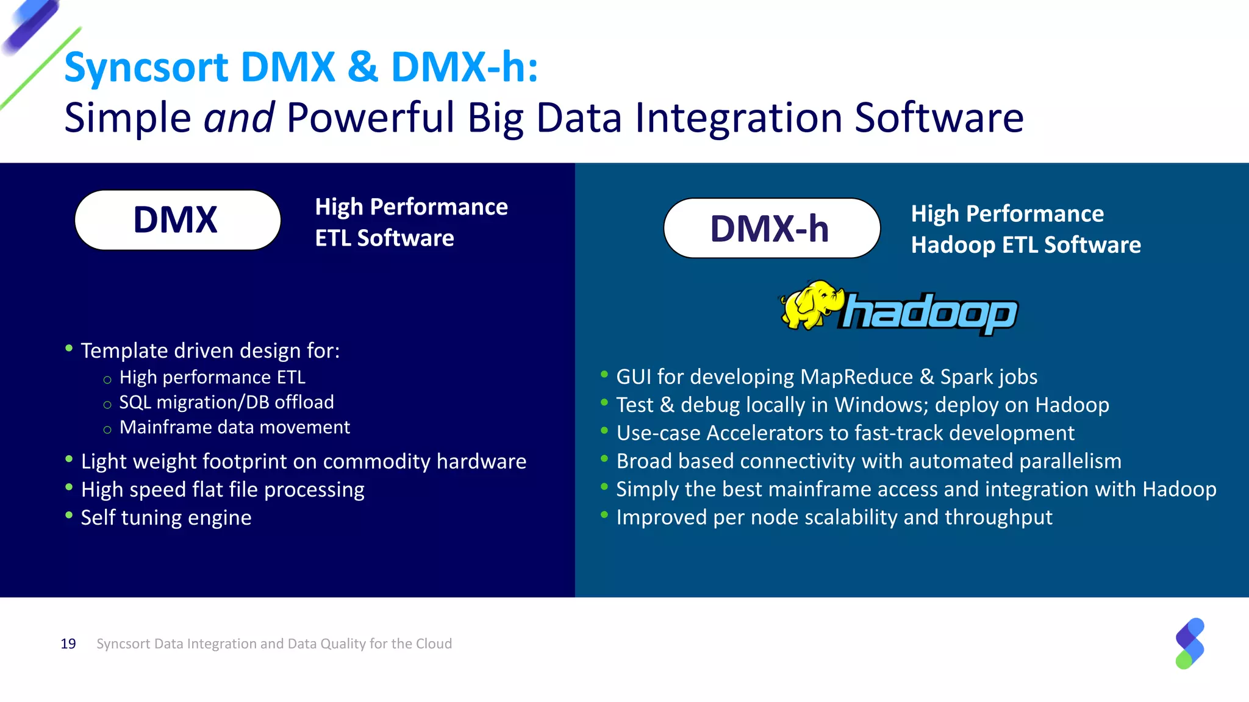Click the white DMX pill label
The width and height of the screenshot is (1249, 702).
177,220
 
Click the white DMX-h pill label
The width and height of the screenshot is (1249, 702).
771,229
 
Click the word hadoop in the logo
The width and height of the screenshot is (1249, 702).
929,313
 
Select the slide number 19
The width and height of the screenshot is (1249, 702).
68,644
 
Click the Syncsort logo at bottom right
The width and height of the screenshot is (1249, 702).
1189,643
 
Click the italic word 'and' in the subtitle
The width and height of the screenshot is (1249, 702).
238,118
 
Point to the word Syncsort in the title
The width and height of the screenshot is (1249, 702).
146,67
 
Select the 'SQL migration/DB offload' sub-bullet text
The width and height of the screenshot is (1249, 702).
226,402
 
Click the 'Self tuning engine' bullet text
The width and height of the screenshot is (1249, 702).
166,518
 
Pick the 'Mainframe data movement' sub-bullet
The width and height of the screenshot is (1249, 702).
235,427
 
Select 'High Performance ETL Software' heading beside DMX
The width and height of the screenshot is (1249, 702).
410,222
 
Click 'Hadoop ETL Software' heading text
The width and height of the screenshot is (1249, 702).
1026,245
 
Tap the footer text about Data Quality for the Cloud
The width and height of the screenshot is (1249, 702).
274,644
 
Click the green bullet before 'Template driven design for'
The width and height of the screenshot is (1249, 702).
69,349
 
